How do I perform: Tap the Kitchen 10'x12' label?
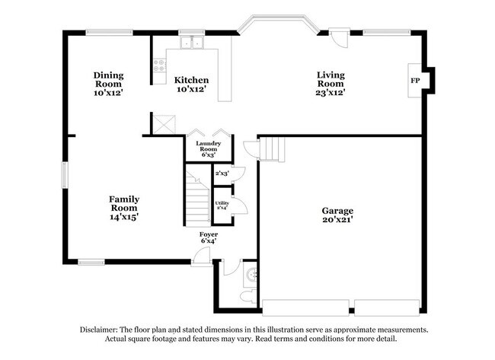191,84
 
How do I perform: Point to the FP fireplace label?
416,80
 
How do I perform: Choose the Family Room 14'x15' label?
123,207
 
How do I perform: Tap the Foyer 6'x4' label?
209,237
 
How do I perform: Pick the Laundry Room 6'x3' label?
208,148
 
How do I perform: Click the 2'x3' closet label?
222,174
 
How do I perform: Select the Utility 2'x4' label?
222,204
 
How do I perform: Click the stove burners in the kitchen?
160,66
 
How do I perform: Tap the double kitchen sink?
190,43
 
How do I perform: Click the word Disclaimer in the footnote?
101,330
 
